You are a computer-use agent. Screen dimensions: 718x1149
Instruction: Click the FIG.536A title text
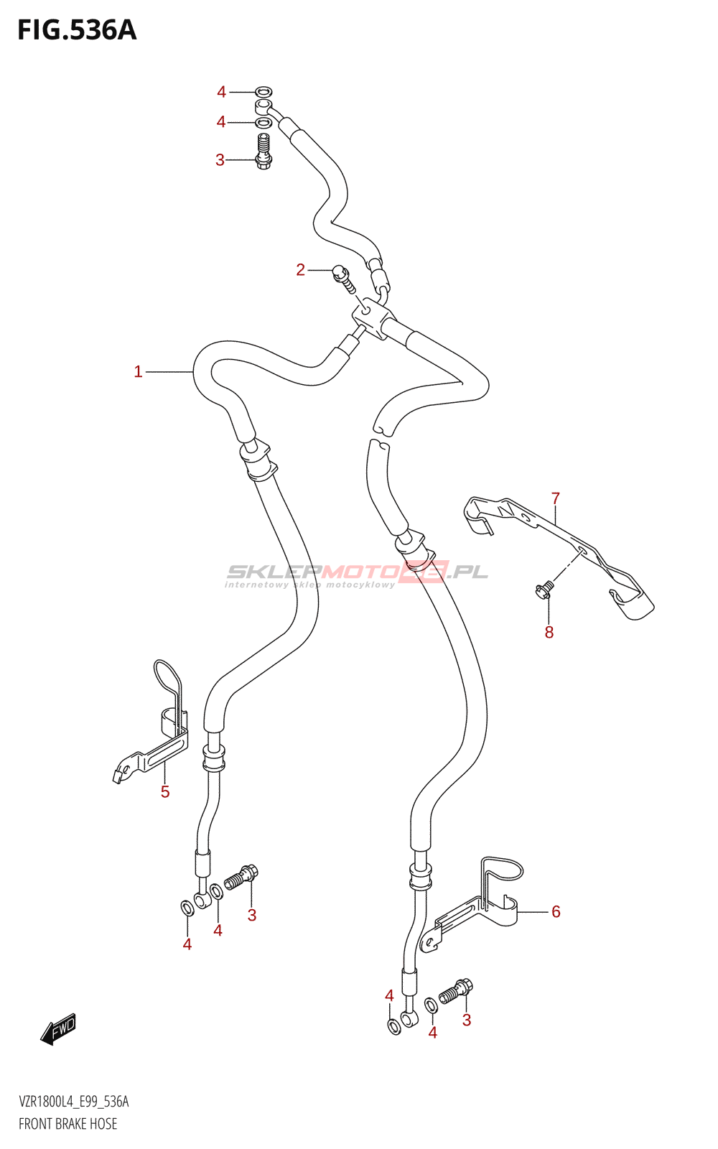point(77,30)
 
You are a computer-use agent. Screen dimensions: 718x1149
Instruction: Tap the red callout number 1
point(138,371)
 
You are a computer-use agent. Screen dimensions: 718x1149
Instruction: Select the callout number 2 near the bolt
point(300,269)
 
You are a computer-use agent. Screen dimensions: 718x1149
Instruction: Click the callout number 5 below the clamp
point(165,791)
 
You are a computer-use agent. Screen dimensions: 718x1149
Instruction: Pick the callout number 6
point(556,911)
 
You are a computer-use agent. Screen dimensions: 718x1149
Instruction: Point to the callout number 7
point(555,498)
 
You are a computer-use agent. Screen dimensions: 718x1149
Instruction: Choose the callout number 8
point(549,632)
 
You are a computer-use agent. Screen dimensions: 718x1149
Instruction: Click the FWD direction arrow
point(59,1028)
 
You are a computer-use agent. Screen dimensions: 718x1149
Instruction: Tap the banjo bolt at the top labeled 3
point(264,151)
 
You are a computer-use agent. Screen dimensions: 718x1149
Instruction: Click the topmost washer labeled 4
point(264,91)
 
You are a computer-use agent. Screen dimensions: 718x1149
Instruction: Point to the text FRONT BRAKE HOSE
point(68,1124)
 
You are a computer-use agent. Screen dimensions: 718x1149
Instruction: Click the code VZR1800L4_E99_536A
point(74,1102)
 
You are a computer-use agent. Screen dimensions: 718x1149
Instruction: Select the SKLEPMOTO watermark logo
point(357,573)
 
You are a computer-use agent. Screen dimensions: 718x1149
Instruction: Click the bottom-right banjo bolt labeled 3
point(456,991)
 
